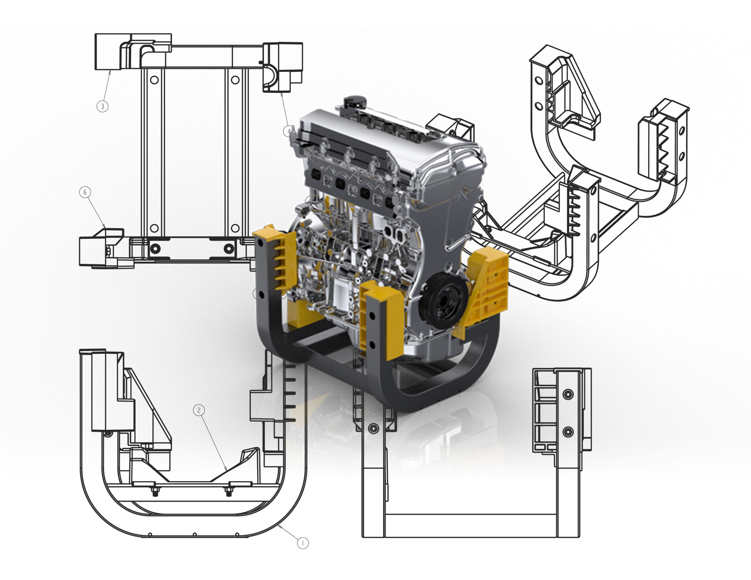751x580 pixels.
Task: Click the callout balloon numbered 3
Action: (102, 106)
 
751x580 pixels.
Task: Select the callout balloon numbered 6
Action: (86, 192)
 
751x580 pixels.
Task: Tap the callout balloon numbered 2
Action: (199, 410)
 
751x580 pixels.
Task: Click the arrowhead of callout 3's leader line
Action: (110, 72)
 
